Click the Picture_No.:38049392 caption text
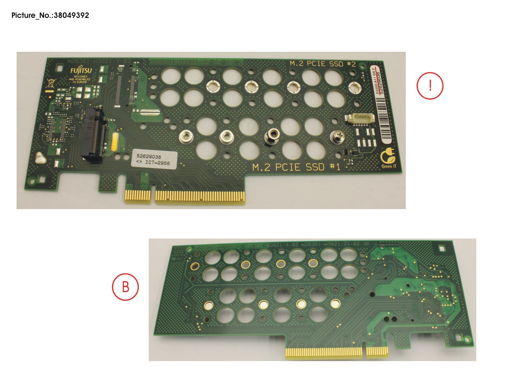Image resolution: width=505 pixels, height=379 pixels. (50, 15)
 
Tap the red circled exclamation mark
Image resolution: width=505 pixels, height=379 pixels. (430, 86)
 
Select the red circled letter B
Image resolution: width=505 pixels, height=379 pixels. (125, 287)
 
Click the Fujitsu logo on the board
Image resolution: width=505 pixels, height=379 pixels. (81, 71)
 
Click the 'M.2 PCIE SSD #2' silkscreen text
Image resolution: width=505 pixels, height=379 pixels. (323, 64)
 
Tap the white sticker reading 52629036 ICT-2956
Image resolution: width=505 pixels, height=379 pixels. (154, 159)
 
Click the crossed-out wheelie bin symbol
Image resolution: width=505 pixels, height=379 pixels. (50, 84)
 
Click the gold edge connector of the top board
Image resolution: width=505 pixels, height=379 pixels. (185, 196)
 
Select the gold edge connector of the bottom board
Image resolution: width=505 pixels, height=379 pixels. (337, 352)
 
